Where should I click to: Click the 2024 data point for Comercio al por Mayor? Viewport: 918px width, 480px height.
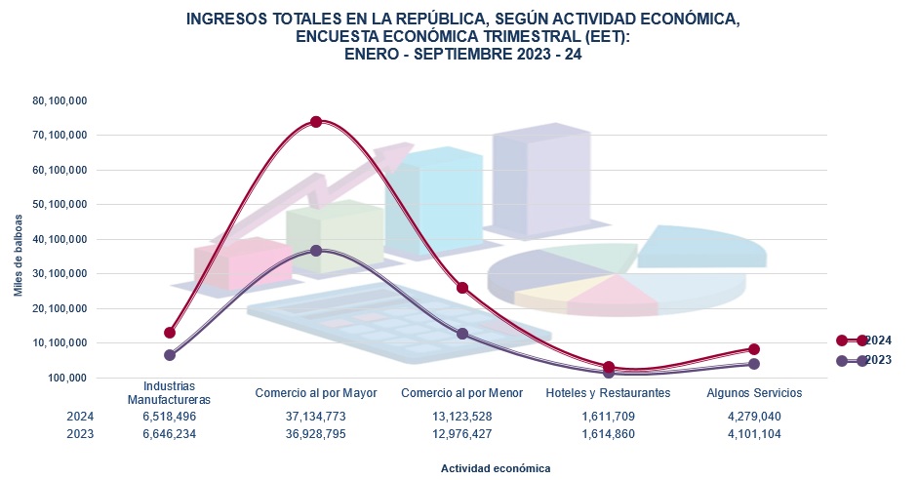click(316, 122)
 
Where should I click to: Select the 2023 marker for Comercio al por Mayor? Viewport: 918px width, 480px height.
click(316, 251)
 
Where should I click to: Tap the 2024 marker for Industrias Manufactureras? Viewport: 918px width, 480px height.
click(170, 333)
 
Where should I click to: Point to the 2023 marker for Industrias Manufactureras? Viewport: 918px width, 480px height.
click(170, 355)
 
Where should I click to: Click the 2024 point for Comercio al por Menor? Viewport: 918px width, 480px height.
click(462, 288)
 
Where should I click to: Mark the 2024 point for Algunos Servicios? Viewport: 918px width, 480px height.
click(754, 349)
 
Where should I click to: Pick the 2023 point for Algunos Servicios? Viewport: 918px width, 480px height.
click(754, 364)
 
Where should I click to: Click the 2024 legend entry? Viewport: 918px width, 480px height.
click(864, 340)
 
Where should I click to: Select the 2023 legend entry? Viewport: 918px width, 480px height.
click(864, 361)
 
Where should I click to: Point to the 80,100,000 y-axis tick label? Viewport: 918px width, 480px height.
click(60, 100)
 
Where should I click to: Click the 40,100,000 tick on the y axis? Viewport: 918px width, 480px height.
click(60, 239)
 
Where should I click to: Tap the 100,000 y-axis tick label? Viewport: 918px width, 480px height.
click(68, 378)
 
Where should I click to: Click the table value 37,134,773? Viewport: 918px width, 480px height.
click(315, 417)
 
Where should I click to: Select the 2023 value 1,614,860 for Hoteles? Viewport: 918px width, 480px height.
click(608, 434)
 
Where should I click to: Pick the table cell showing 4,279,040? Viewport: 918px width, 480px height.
click(754, 417)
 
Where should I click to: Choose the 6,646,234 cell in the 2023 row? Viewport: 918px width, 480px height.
click(170, 434)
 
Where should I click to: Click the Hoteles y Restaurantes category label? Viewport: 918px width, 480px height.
click(608, 393)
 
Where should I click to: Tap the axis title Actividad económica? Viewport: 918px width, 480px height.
click(495, 468)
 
